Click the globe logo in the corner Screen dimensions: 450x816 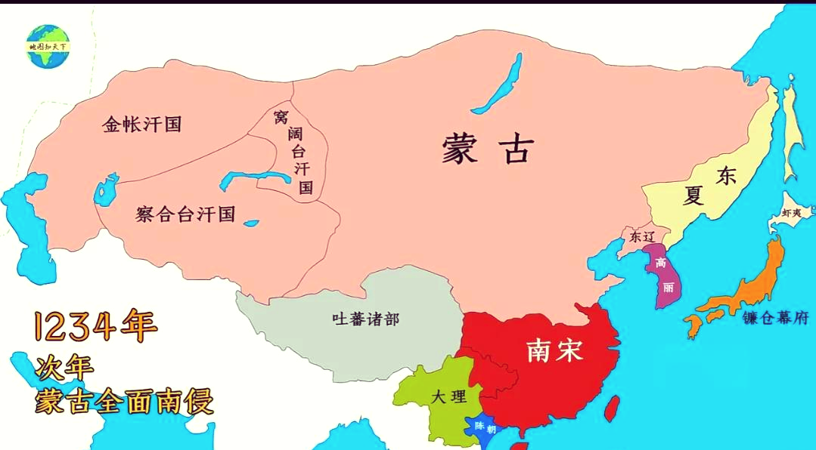(48, 46)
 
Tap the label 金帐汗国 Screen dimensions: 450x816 (142, 125)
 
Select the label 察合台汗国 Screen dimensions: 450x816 (186, 214)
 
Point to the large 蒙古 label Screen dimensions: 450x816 (488, 149)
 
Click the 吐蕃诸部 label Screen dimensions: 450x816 (365, 319)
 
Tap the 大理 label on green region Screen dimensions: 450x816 (449, 397)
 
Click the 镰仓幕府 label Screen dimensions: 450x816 (776, 318)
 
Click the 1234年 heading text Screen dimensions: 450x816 (95, 326)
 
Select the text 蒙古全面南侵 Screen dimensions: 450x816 (124, 401)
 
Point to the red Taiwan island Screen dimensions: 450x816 (613, 408)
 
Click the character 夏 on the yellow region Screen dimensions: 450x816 (693, 196)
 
